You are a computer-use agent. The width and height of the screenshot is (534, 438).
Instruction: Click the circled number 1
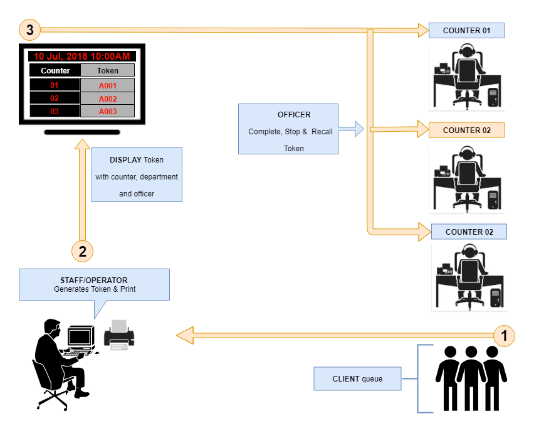click(x=504, y=335)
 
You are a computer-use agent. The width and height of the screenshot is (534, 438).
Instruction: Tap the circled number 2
click(x=83, y=251)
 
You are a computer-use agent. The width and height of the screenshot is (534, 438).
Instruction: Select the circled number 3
click(x=29, y=29)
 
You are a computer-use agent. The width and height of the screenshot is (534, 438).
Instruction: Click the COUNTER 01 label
click(x=466, y=30)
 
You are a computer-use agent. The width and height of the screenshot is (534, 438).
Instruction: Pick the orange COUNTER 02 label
click(x=466, y=130)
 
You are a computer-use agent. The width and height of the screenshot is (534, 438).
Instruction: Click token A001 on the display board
click(x=107, y=85)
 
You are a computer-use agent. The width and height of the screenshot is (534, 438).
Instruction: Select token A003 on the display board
click(x=107, y=111)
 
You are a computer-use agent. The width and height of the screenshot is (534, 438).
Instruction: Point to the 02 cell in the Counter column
click(x=55, y=99)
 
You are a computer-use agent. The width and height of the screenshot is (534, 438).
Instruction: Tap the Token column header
click(x=107, y=70)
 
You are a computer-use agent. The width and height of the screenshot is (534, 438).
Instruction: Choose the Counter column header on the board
click(x=55, y=70)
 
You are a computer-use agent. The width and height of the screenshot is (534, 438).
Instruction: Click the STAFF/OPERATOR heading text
click(x=93, y=280)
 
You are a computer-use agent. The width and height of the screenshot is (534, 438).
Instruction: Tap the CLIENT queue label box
click(x=357, y=379)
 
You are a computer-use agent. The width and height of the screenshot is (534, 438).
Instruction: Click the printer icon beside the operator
click(x=118, y=334)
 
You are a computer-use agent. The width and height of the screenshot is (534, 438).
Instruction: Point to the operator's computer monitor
click(x=80, y=337)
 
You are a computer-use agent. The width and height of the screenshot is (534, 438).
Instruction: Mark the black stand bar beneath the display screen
click(x=82, y=132)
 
